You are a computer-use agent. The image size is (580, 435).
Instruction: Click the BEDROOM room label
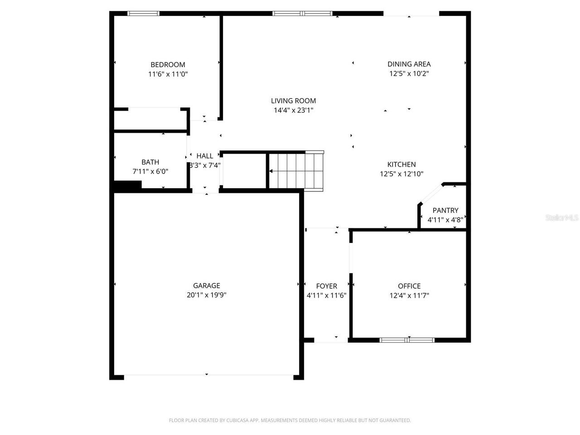point(168,64)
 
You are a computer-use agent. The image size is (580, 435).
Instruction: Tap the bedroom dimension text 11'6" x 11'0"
point(168,74)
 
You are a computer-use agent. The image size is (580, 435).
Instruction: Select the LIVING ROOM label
point(293,101)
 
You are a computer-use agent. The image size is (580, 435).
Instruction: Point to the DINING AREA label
point(409,64)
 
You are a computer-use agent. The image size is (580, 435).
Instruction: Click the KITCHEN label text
point(401,164)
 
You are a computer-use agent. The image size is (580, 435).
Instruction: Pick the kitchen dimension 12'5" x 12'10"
point(401,174)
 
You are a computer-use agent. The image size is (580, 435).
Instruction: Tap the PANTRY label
point(445,210)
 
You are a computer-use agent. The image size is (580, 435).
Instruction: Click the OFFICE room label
point(409,286)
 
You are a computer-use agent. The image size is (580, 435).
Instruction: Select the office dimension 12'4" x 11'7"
point(409,295)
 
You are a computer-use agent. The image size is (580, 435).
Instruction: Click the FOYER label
point(326,286)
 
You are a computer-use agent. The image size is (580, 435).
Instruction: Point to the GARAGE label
point(206,285)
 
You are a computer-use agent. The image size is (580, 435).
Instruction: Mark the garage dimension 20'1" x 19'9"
point(206,295)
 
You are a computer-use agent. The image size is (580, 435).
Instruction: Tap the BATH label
point(150,162)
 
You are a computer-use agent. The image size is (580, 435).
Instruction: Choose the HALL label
point(204,156)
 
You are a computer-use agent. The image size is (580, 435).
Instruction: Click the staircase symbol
point(296,171)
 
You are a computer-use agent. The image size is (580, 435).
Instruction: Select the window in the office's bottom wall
point(407,340)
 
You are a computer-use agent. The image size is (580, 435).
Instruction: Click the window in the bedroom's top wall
point(143,14)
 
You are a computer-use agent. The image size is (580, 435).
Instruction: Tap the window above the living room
point(302,14)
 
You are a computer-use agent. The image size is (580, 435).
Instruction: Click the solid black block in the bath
point(128,186)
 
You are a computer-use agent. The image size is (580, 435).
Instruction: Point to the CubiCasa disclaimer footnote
point(290,420)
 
